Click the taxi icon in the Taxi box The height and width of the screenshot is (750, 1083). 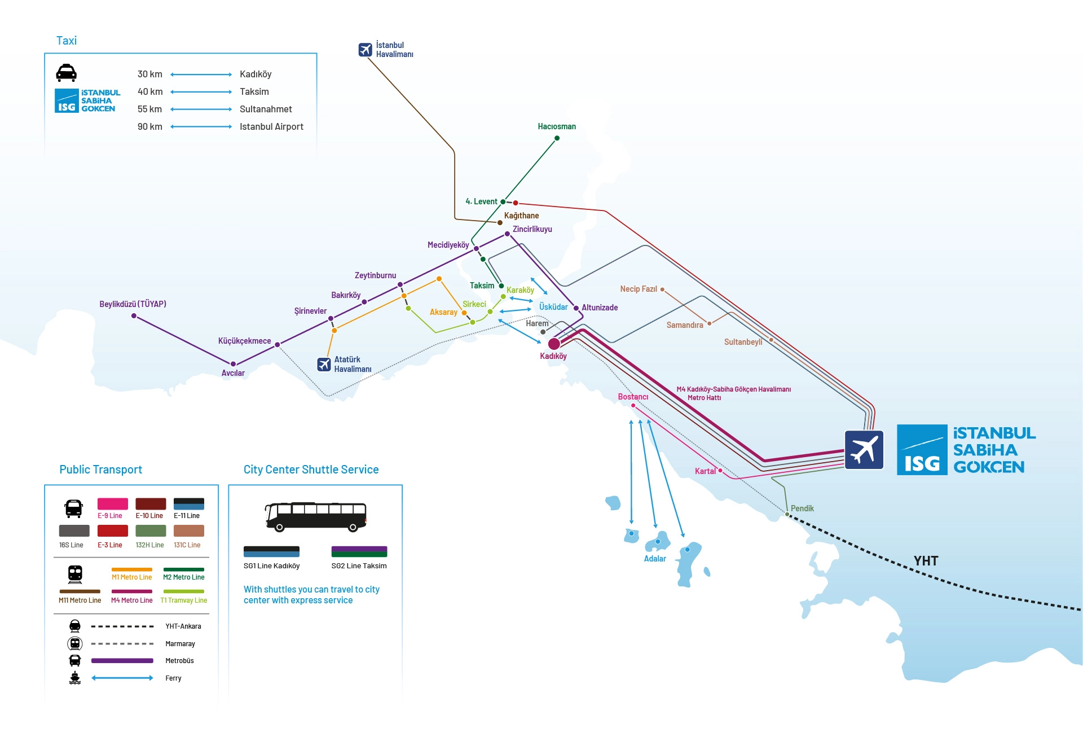66,73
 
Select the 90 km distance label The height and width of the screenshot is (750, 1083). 149,126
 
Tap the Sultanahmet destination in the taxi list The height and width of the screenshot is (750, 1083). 266,109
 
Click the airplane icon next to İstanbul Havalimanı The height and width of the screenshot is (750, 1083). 366,50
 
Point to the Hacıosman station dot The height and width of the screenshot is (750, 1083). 557,138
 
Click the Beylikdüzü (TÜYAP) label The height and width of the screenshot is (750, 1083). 133,304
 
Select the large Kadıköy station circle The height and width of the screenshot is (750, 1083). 554,344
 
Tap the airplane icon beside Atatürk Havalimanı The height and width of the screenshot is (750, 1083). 324,365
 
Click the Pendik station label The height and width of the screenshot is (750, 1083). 802,508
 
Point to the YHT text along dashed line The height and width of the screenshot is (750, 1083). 926,561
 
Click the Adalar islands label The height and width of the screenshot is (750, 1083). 655,559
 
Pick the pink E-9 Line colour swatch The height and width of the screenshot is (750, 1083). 112,504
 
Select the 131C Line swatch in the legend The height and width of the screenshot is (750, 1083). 188,531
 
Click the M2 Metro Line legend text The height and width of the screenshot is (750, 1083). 184,577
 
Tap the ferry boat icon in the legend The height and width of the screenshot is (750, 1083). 75,678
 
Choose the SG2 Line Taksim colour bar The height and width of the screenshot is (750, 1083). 359,551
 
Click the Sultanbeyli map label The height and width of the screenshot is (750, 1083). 743,342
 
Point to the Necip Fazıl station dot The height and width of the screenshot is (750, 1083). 662,290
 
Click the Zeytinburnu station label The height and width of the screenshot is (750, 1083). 375,275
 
